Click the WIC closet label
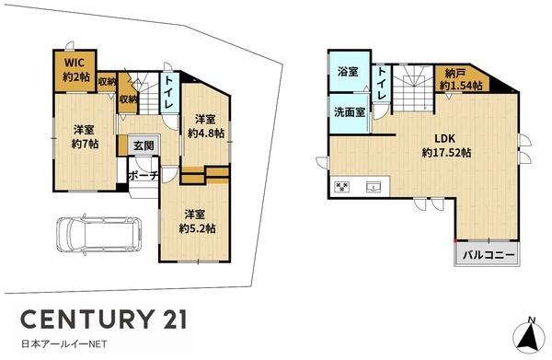point(75,63)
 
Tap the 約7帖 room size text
point(85,144)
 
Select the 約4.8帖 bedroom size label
point(206,134)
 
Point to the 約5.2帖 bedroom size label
point(197,228)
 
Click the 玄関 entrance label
point(144,145)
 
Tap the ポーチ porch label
point(143,175)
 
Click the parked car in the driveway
point(99,235)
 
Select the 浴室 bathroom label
point(348,72)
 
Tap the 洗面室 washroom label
point(350,112)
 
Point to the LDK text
point(445,138)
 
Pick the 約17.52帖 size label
point(447,153)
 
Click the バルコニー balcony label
point(489,255)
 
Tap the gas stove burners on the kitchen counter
point(342,186)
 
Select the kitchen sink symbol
point(374,186)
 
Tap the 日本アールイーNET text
point(63,343)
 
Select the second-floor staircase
point(412,88)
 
